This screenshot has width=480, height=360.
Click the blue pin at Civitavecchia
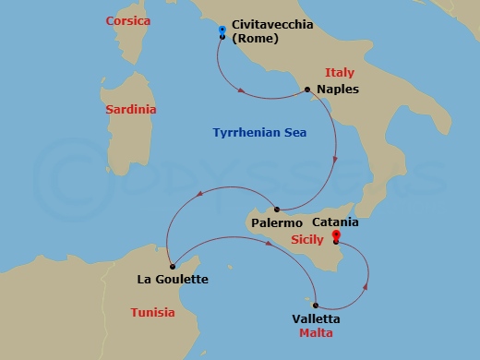tap(222, 32)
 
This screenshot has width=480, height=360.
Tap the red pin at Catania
tap(336, 238)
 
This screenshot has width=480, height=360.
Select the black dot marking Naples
tap(306, 90)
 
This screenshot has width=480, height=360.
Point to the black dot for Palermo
tap(277, 210)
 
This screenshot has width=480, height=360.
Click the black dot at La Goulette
tap(173, 266)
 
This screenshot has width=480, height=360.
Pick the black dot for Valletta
tap(317, 306)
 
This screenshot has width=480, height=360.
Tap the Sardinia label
tap(130, 109)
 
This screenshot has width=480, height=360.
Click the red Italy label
tap(340, 72)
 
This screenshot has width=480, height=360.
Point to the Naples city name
tap(337, 90)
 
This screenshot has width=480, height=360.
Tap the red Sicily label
tap(306, 239)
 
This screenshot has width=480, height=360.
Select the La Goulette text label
tap(172, 280)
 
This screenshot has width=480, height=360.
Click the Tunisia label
tap(152, 312)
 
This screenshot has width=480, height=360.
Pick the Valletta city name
tap(315, 318)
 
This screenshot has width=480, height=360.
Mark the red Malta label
tap(315, 332)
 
